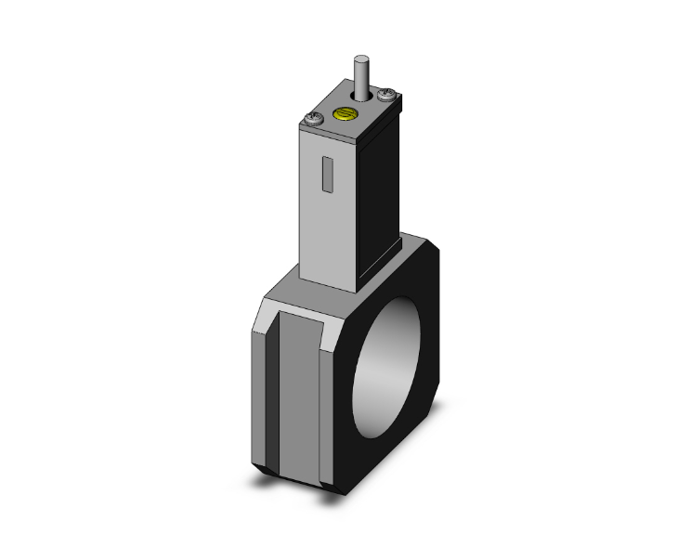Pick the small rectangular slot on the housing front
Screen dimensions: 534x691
tap(326, 175)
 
